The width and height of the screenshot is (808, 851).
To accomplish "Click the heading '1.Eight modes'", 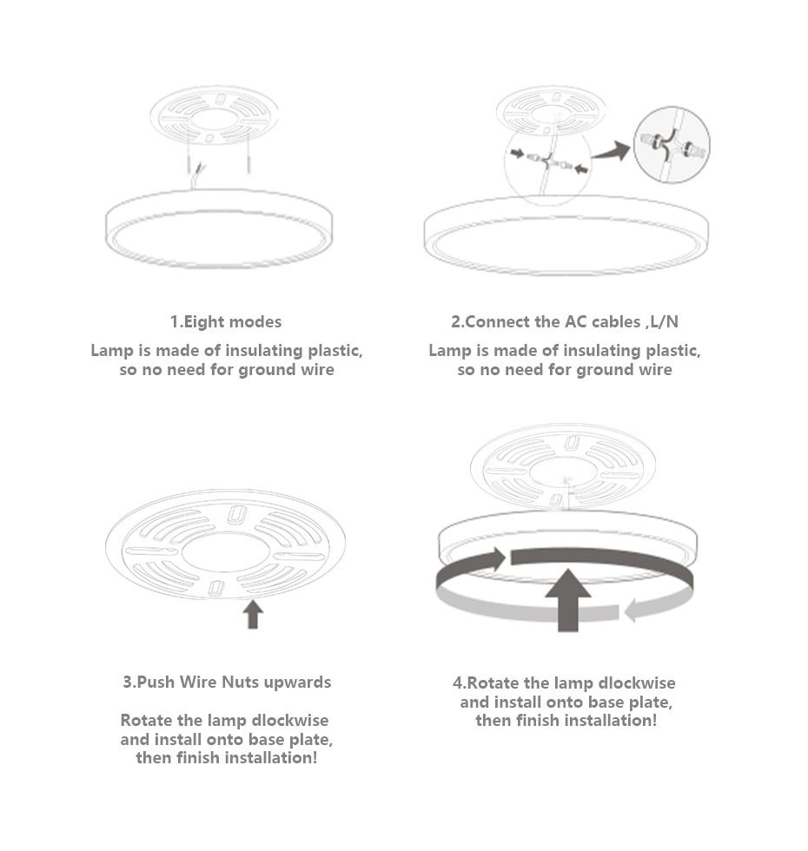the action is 226,322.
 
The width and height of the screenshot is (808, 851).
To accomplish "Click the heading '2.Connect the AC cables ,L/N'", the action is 564,322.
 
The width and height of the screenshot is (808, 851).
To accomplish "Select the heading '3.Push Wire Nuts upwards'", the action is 227,682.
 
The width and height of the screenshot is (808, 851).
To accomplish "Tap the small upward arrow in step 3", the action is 253,614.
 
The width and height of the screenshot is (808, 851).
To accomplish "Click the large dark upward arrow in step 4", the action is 567,598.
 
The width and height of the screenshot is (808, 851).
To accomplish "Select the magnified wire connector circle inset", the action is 672,143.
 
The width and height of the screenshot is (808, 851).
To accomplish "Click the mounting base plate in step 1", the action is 214,115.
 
